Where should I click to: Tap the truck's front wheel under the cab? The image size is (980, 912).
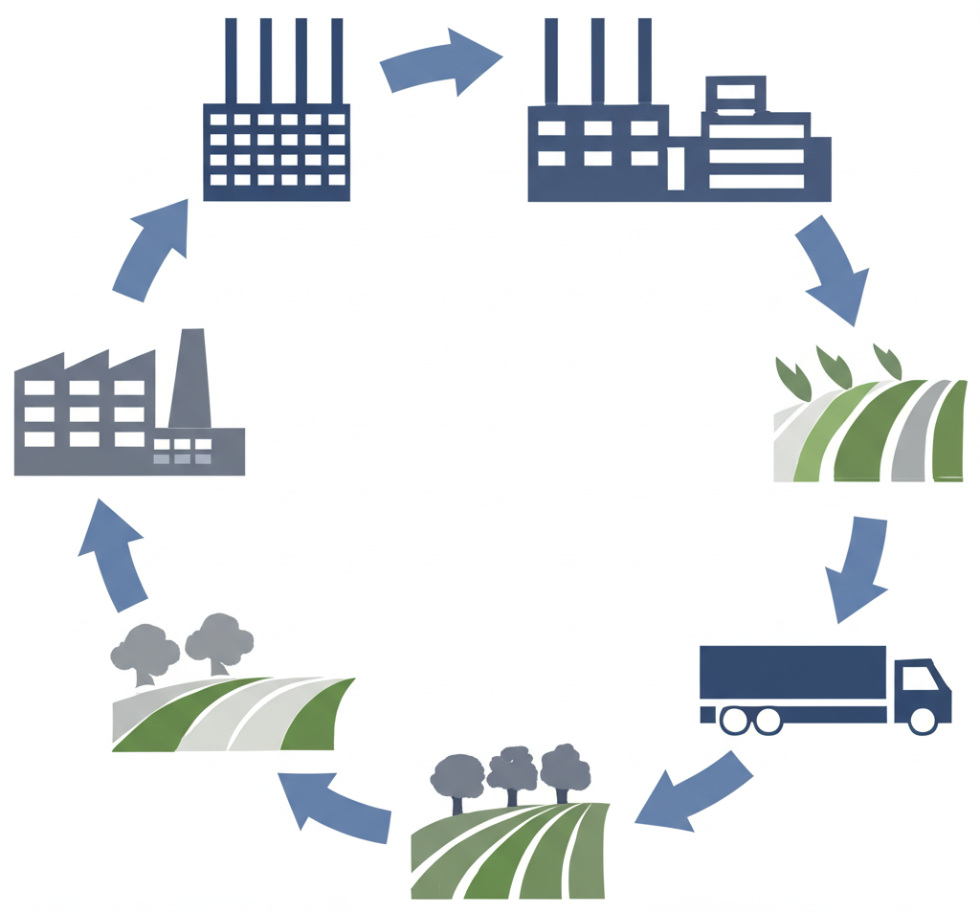pyautogui.click(x=923, y=721)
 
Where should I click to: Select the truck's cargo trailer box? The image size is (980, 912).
pyautogui.click(x=793, y=672)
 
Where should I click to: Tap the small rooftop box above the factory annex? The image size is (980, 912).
pyautogui.click(x=735, y=95)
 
